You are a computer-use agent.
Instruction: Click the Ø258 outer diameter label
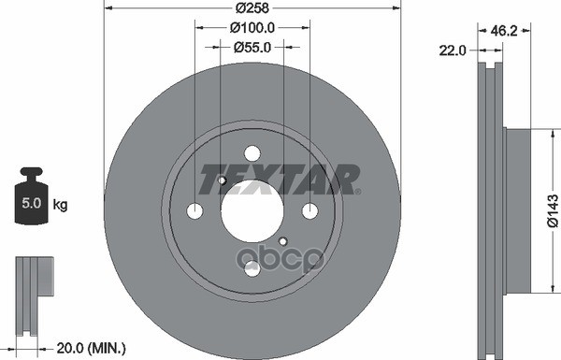tap(252, 7)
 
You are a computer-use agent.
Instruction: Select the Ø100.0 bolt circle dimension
tap(252, 29)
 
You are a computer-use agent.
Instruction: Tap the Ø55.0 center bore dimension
tap(252, 45)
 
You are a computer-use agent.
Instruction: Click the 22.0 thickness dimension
tap(453, 51)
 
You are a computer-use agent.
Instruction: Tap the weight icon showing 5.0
tap(31, 197)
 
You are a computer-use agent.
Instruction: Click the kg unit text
tap(60, 203)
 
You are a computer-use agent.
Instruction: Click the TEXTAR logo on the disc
tap(280, 179)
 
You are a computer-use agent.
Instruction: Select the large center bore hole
tap(252, 210)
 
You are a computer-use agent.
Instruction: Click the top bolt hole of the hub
tap(252, 153)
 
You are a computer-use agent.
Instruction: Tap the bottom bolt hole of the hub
tap(252, 269)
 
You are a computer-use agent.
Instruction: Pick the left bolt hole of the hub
tap(194, 211)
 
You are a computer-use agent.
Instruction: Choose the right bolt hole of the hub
tap(310, 211)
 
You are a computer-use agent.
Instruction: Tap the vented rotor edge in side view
tap(491, 211)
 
